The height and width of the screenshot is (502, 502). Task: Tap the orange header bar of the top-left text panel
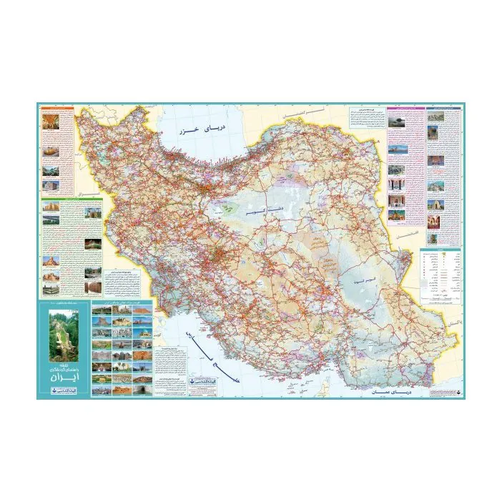tap(57, 109)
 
